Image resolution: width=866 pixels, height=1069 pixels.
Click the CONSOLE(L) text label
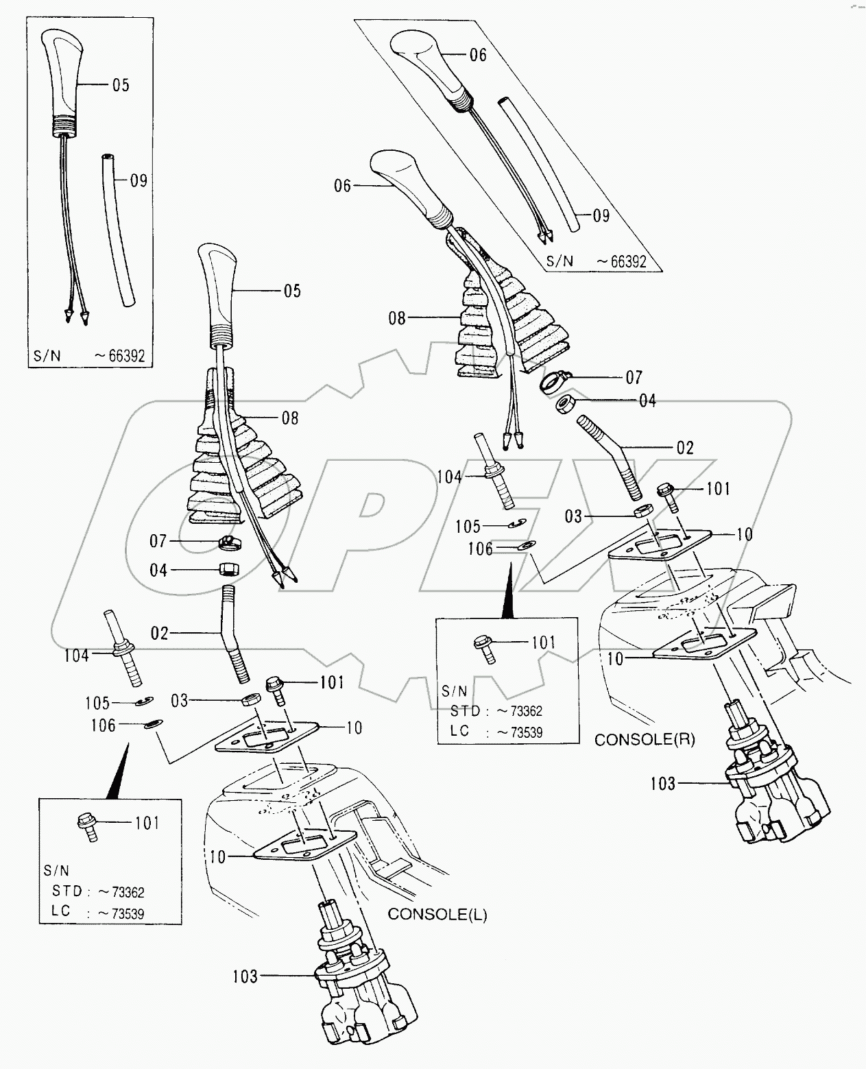click(x=437, y=915)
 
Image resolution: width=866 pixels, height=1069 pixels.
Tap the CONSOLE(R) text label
click(x=645, y=740)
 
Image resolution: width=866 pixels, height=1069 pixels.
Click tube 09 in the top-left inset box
click(x=119, y=229)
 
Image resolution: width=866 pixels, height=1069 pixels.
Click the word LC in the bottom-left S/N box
click(x=62, y=913)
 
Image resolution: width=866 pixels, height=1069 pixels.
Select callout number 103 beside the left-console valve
click(x=245, y=976)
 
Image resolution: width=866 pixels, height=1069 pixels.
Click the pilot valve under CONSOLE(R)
click(x=775, y=789)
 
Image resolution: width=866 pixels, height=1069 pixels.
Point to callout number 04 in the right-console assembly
click(x=647, y=400)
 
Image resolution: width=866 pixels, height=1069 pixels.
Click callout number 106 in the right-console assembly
click(x=481, y=549)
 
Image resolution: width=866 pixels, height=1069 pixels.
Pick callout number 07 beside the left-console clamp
click(x=158, y=542)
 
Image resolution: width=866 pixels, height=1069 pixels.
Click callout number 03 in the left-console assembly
click(x=180, y=700)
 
